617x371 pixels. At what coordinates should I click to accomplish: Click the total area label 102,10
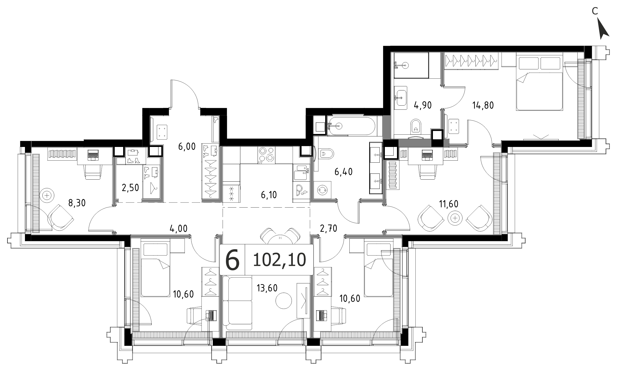279,260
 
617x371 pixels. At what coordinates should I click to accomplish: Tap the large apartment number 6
232,260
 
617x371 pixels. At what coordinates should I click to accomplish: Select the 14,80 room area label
483,105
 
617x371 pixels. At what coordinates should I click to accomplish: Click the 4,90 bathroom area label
423,105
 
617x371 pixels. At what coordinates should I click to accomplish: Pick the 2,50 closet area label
130,188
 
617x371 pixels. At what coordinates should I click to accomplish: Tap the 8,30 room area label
77,203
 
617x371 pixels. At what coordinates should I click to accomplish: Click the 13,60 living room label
267,288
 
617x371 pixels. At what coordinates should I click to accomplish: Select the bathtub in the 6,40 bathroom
351,126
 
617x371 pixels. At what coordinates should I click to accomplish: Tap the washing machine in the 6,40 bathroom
322,190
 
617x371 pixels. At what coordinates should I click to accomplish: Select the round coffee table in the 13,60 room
284,300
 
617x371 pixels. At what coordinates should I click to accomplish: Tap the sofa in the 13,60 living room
237,303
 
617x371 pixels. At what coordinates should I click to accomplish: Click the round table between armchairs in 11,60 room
455,218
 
